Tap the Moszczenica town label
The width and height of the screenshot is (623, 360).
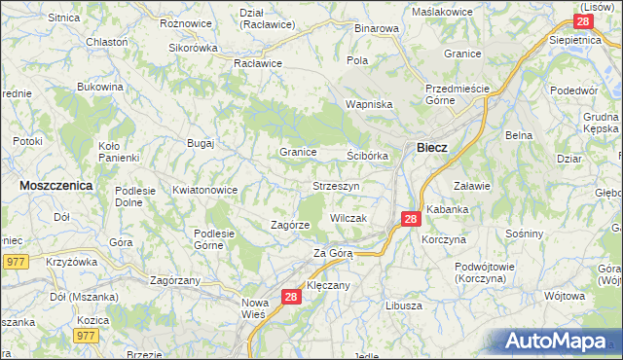coord(56,184)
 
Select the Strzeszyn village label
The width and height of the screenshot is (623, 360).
coord(337,185)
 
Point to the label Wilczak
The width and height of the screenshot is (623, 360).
coord(348,218)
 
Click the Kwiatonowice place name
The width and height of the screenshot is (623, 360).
coord(204,190)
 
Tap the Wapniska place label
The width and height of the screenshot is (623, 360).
coord(369,104)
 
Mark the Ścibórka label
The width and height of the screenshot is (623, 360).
coord(368,155)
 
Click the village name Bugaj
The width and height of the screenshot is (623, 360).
coord(201,143)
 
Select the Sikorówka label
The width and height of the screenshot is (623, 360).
coord(193,47)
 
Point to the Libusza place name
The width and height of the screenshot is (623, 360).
coord(403,305)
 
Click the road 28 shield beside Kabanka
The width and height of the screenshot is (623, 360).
coord(411,219)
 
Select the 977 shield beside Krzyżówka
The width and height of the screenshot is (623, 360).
coord(15,261)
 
